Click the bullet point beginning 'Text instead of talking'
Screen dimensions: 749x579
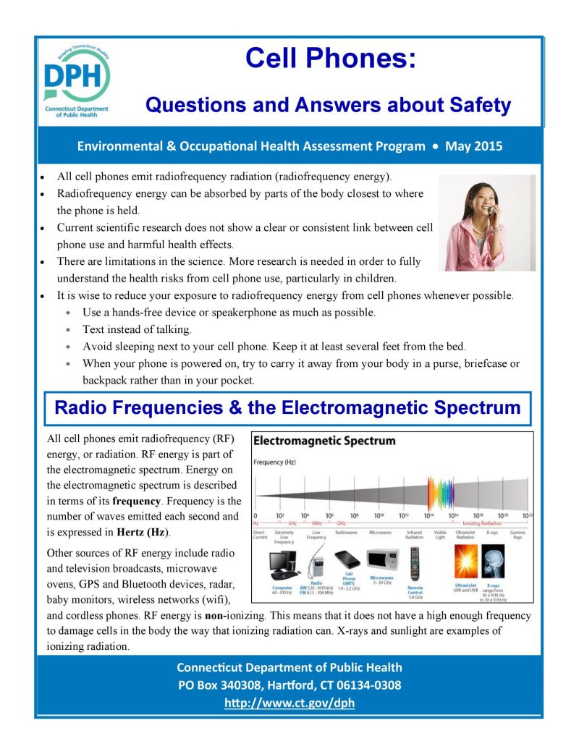[137, 329]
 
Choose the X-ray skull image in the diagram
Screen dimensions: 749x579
[493, 562]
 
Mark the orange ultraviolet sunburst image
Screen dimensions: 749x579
[465, 562]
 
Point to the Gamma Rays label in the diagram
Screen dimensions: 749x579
[517, 536]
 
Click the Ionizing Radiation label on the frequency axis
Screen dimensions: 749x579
[481, 522]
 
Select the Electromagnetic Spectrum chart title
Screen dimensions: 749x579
[324, 441]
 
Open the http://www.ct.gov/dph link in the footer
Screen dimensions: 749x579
[289, 703]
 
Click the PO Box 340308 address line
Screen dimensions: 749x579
[289, 685]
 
